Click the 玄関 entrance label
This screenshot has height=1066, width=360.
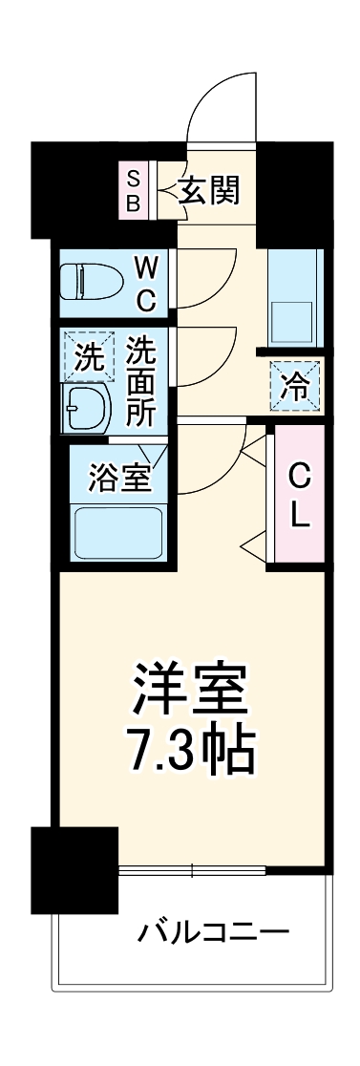click(209, 190)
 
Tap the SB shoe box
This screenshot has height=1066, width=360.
click(133, 190)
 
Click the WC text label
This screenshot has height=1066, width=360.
click(144, 282)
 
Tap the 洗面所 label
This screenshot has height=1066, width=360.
click(144, 380)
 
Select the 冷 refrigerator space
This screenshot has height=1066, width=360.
click(295, 388)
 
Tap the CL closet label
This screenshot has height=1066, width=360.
click(299, 496)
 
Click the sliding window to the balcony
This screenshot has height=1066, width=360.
click(192, 870)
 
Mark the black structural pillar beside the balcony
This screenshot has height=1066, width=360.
click(74, 868)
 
